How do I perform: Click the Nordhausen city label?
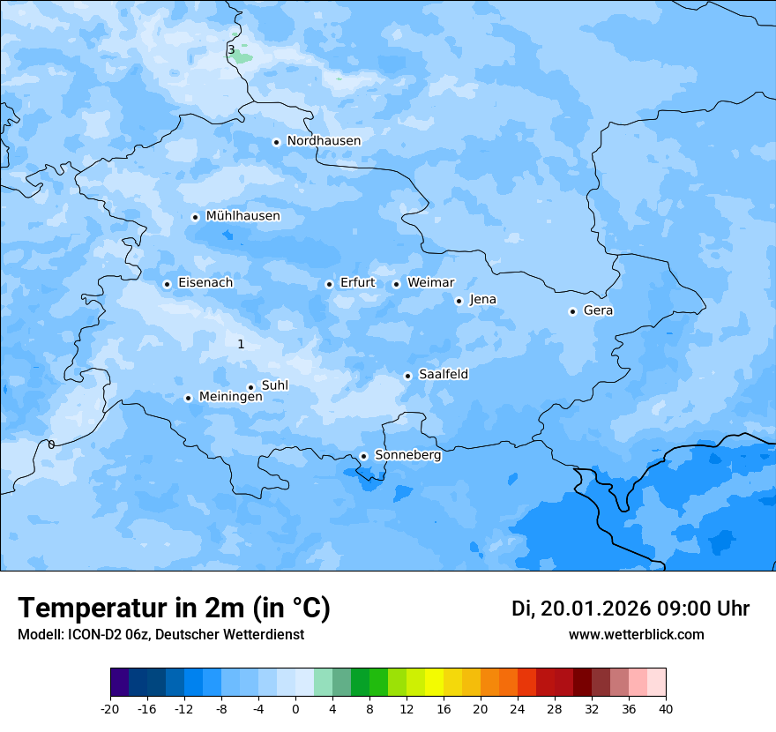click(324, 141)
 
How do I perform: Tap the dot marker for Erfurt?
click(329, 284)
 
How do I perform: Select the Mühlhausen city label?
click(242, 216)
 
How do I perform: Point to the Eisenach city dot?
click(167, 284)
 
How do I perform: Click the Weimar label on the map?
click(430, 283)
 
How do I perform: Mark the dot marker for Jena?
click(459, 301)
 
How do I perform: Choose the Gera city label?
click(598, 310)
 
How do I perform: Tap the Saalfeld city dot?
click(408, 376)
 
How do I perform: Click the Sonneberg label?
click(407, 456)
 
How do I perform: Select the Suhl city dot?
click(250, 387)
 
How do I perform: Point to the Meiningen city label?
click(230, 398)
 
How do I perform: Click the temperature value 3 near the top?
click(231, 50)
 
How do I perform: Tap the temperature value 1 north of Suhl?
click(241, 345)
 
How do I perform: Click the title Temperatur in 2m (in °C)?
click(174, 609)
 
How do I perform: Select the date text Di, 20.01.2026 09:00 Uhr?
click(630, 609)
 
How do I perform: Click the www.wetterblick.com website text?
click(636, 635)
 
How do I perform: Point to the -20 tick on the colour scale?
click(110, 709)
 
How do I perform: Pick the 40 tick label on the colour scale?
click(666, 709)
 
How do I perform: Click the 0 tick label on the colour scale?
click(295, 709)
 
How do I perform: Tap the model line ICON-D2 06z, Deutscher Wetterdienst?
click(160, 635)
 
